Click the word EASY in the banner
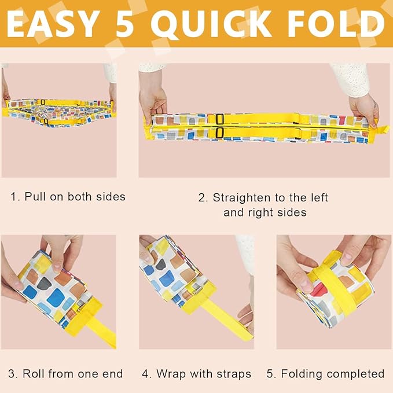pyautogui.click(x=52, y=24)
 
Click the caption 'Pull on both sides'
pyautogui.click(x=75, y=197)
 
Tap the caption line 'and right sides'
pyautogui.click(x=265, y=212)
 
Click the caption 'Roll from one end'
pyautogui.click(x=73, y=374)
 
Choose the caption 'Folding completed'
pyautogui.click(x=333, y=374)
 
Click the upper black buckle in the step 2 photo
pyautogui.click(x=219, y=119)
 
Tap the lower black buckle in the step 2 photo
pyautogui.click(x=219, y=133)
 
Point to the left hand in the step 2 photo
pyautogui.click(x=153, y=100)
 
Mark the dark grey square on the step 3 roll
pyautogui.click(x=44, y=284)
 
